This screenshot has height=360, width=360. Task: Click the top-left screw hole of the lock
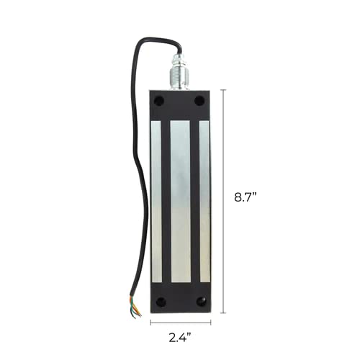pyautogui.click(x=158, y=102)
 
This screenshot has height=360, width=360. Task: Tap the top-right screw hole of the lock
pyautogui.click(x=200, y=102)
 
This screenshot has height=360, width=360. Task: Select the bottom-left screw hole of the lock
pyautogui.click(x=160, y=302)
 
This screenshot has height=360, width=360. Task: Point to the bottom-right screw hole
pyautogui.click(x=201, y=302)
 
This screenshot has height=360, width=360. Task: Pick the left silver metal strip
pyautogui.click(x=156, y=202)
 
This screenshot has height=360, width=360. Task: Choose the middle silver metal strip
pyautogui.click(x=180, y=202)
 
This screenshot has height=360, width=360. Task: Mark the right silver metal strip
pyautogui.click(x=204, y=202)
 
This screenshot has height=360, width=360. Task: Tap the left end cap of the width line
pyautogui.click(x=150, y=324)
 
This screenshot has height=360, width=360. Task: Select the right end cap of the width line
pyautogui.click(x=210, y=324)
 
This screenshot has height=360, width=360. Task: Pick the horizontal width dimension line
pyautogui.click(x=180, y=324)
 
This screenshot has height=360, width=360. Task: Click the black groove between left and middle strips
pyautogui.click(x=166, y=202)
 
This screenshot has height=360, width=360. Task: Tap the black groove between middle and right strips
pyautogui.click(x=194, y=202)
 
